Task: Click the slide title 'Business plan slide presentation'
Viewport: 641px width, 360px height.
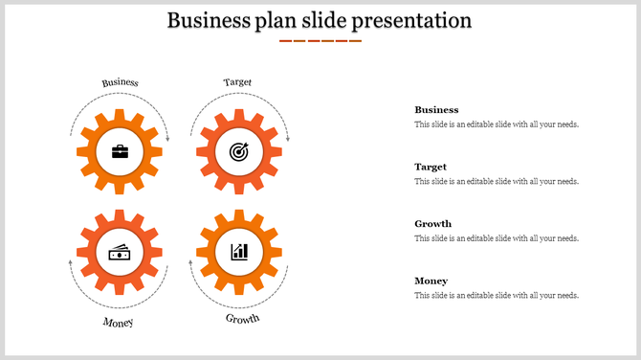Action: pyautogui.click(x=320, y=20)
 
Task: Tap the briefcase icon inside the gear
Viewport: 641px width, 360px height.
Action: pyautogui.click(x=120, y=151)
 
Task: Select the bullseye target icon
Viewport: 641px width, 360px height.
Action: pyautogui.click(x=237, y=151)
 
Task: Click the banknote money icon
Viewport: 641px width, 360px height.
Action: pyautogui.click(x=120, y=252)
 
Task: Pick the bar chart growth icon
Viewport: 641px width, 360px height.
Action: pyautogui.click(x=238, y=252)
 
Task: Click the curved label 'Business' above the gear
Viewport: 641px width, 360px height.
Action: pyautogui.click(x=121, y=83)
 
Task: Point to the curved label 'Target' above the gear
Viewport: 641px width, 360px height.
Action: pyautogui.click(x=237, y=82)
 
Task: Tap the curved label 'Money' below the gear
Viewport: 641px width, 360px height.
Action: pyautogui.click(x=118, y=323)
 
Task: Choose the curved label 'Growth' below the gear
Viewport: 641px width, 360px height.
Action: pyautogui.click(x=242, y=319)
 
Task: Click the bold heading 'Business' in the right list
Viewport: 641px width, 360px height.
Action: pyautogui.click(x=436, y=110)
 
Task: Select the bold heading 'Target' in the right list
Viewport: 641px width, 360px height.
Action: pyautogui.click(x=431, y=167)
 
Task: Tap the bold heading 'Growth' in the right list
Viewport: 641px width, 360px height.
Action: pyautogui.click(x=432, y=224)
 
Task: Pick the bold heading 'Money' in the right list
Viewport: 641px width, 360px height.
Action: pyautogui.click(x=431, y=281)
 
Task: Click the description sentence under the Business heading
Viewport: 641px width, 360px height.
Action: pyautogui.click(x=496, y=124)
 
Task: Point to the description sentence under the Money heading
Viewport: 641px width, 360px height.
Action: pyautogui.click(x=496, y=296)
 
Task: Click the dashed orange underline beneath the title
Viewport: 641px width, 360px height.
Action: pyautogui.click(x=320, y=41)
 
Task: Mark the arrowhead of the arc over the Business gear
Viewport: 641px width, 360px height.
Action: pyautogui.click(x=167, y=140)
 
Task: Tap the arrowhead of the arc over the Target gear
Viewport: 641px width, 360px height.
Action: pyautogui.click(x=285, y=140)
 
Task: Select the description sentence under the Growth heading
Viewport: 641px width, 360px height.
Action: pyautogui.click(x=496, y=238)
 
